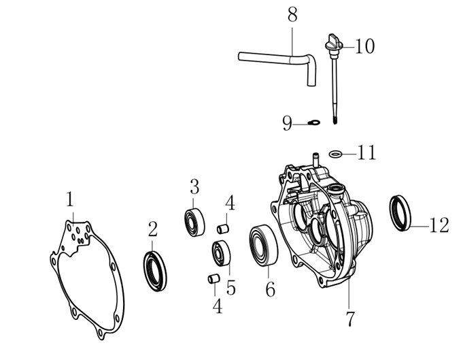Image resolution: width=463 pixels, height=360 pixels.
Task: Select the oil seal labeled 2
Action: tap(155, 270)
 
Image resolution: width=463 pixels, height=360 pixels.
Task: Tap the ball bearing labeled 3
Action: tap(194, 222)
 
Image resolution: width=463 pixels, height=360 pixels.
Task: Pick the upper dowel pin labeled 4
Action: tap(223, 229)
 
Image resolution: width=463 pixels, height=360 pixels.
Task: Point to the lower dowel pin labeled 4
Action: tap(213, 279)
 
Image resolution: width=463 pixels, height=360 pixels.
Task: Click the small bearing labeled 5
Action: tap(221, 254)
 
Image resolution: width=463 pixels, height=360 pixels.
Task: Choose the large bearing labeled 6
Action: tap(263, 245)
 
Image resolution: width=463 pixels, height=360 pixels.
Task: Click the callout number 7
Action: tap(349, 318)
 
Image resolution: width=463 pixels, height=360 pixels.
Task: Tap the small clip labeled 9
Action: tap(313, 122)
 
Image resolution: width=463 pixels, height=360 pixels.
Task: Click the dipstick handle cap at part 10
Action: tap(333, 44)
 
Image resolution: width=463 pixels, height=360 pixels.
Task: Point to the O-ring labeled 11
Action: tap(336, 154)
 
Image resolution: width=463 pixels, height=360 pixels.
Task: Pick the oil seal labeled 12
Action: tap(400, 213)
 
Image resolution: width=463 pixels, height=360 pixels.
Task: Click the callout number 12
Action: tap(439, 225)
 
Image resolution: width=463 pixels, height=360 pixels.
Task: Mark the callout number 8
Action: tap(292, 15)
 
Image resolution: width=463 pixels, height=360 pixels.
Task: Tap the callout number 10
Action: tap(364, 46)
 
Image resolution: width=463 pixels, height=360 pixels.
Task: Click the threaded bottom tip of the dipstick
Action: tap(335, 120)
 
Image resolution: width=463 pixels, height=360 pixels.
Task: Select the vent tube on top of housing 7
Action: tap(316, 159)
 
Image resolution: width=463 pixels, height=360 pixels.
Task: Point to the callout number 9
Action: tap(287, 123)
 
